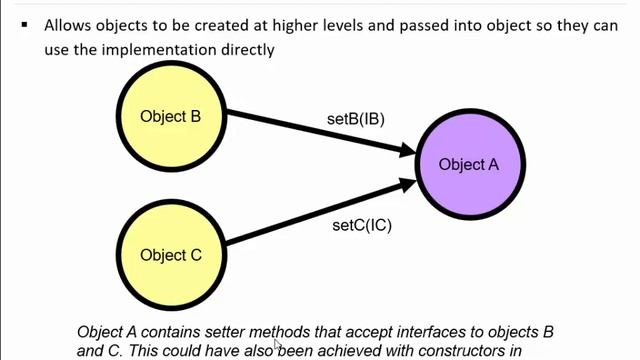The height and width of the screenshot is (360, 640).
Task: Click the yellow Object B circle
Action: (170, 116)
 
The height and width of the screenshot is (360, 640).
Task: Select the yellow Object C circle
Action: (170, 255)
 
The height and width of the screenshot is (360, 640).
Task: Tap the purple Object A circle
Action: (468, 165)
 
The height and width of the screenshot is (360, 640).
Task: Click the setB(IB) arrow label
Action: (355, 119)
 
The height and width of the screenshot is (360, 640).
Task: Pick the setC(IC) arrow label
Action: (361, 225)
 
